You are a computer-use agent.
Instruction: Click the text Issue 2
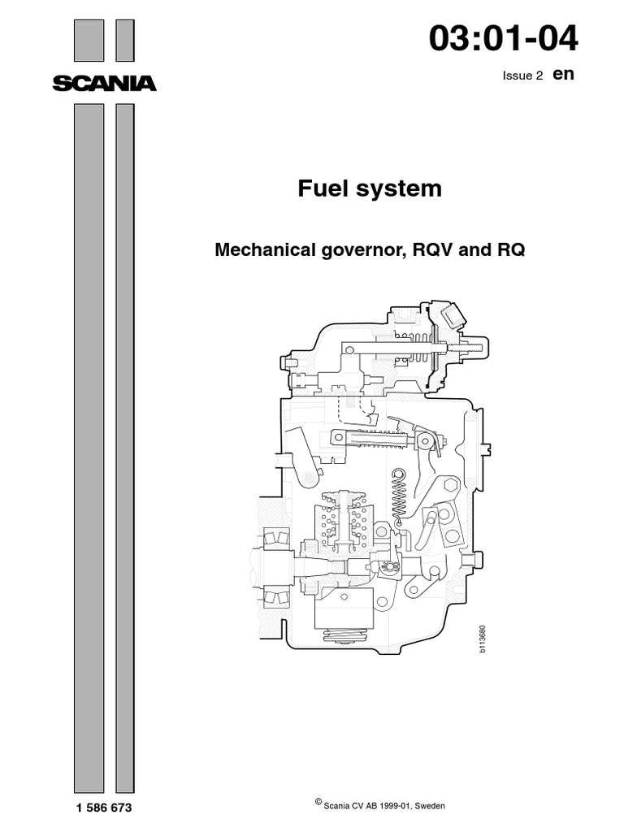click(523, 76)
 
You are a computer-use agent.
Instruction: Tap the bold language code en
click(563, 74)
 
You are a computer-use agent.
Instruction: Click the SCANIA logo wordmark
click(104, 83)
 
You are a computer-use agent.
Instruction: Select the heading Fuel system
click(370, 188)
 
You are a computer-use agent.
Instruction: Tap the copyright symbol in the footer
click(318, 801)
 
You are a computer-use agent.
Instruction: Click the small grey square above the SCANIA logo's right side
click(124, 41)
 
